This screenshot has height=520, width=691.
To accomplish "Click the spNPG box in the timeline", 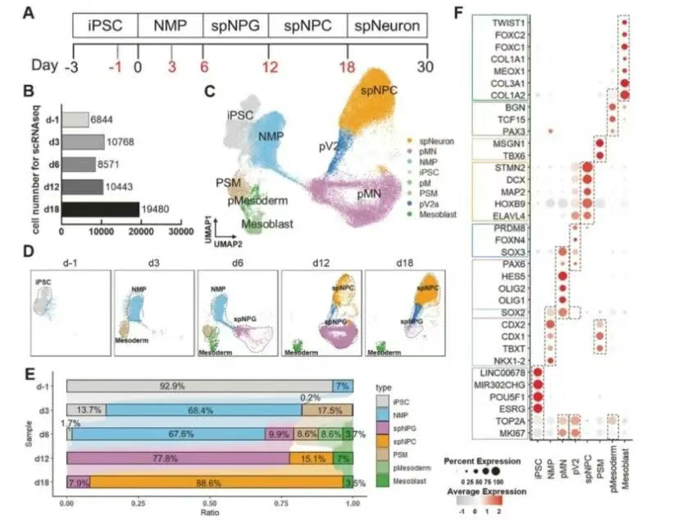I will (x=236, y=25).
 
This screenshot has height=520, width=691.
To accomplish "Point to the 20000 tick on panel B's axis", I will (x=143, y=232).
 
